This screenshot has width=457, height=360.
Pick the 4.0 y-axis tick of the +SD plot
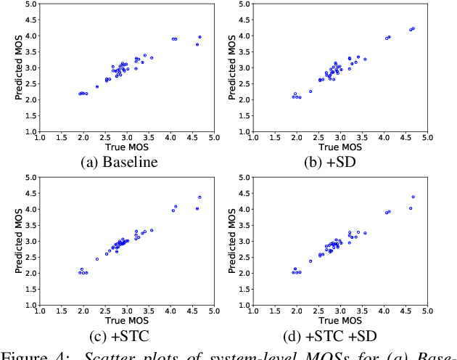pyautogui.click(x=242, y=36)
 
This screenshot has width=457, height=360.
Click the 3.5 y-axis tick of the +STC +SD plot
pyautogui.click(x=242, y=225)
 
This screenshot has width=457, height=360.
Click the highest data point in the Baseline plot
pyautogui.click(x=199, y=37)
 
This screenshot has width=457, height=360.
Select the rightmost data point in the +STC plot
pyautogui.click(x=199, y=197)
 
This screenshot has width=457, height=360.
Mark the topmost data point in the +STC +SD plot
pyautogui.click(x=413, y=197)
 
